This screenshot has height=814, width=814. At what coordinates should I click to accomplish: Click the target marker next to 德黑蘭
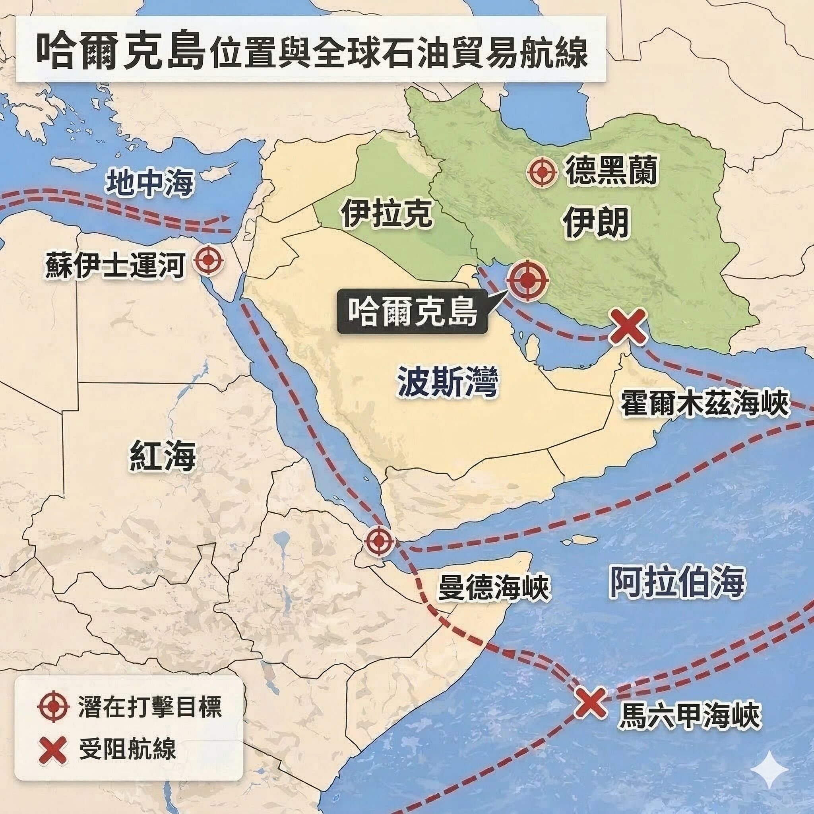point(543,172)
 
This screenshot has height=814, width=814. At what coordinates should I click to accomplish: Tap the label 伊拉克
point(386,213)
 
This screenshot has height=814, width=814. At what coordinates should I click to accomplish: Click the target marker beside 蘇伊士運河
point(209,261)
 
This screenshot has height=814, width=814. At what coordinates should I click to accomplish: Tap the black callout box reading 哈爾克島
point(412,312)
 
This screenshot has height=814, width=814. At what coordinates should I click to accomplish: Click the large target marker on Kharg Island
point(527,280)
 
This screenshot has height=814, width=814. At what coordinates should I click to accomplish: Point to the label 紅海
point(163,455)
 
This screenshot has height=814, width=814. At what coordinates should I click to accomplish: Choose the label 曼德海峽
point(494,587)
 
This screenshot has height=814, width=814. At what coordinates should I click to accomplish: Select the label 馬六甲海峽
point(690,715)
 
